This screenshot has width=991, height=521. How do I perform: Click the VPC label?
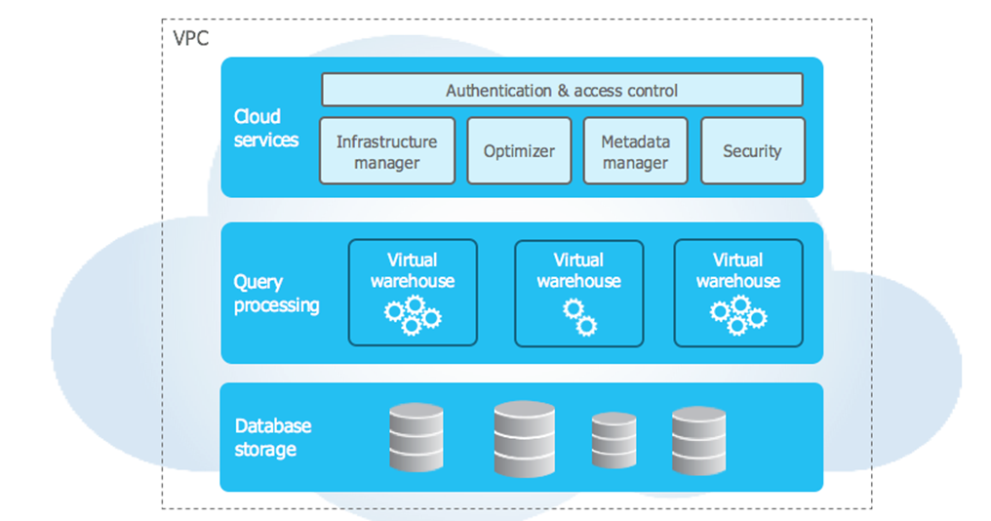pos(191,39)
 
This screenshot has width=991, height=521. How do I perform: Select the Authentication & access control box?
pos(562,90)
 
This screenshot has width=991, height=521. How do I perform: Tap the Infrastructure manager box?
pos(387,151)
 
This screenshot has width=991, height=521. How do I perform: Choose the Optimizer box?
pos(519,151)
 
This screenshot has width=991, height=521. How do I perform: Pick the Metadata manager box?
pos(635,151)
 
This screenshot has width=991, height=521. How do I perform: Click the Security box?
pos(753,151)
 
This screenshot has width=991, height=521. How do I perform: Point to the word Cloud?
pos(258,116)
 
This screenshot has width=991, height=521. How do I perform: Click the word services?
pos(266,140)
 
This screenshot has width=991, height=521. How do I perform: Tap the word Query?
pos(258,283)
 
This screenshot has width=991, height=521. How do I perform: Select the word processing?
pos(277,305)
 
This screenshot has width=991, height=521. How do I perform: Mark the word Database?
pos(273,425)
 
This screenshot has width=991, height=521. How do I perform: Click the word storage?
pos(265,449)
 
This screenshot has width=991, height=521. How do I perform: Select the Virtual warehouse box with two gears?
pos(579,294)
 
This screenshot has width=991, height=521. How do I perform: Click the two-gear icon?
pos(580,317)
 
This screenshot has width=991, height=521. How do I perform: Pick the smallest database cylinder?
pos(614,440)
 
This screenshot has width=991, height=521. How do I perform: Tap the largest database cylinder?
pos(525,438)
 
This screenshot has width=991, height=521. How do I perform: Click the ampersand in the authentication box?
pos(563,91)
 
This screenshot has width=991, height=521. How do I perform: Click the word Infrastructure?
pos(387,141)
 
